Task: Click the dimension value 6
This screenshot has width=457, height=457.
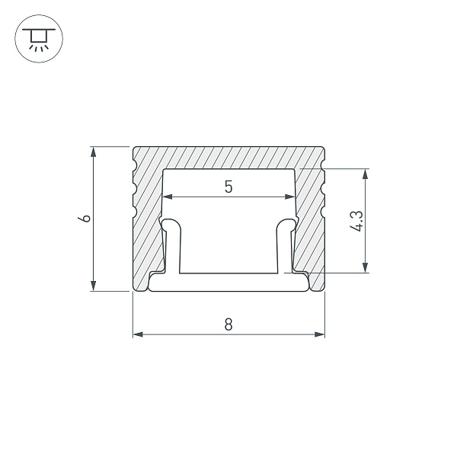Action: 87,219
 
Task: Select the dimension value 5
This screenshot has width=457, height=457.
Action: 228,187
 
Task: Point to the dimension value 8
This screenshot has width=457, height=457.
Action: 228,324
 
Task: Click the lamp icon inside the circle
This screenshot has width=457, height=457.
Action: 36,37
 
